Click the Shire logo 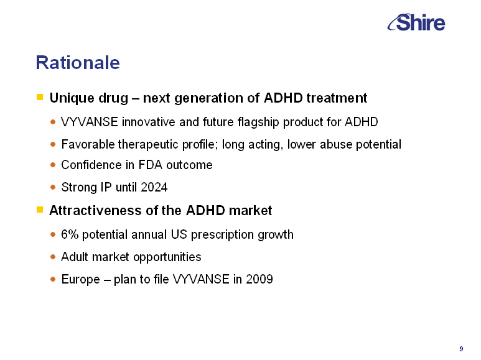(416, 22)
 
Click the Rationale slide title (78, 63)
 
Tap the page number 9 (461, 349)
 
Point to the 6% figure (70, 234)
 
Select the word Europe (81, 280)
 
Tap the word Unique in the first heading (72, 98)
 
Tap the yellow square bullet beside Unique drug (40, 97)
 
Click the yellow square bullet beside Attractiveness (40, 210)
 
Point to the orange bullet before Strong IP (53, 187)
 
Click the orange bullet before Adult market (53, 256)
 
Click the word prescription (222, 235)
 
